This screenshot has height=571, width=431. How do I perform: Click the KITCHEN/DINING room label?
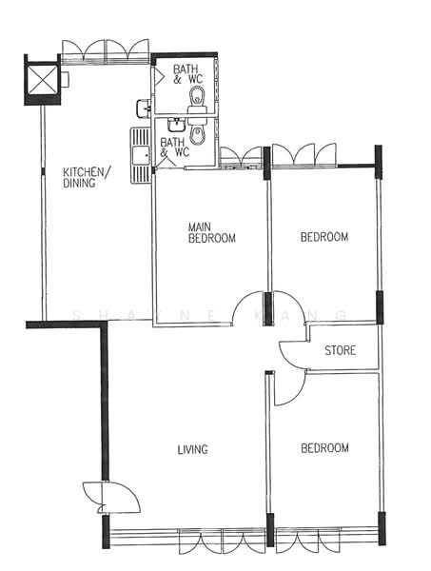tap(86, 177)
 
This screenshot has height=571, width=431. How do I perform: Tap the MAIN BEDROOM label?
tap(211, 233)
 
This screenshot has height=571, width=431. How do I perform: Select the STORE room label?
tap(340, 350)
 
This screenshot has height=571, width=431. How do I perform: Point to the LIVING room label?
tap(192, 449)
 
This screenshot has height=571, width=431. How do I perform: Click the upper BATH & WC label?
tap(187, 74)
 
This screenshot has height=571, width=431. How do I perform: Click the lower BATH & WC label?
tap(175, 148)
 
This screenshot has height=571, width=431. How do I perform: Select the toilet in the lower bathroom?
tap(198, 131)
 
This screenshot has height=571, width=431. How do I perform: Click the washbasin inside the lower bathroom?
tap(177, 125)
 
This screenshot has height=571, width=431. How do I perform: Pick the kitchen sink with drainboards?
tap(141, 155)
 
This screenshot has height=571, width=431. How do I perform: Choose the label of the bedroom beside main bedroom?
tap(324, 237)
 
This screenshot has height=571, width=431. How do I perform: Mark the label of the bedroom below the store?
tap(324, 448)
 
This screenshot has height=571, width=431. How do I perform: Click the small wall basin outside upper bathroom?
tap(144, 108)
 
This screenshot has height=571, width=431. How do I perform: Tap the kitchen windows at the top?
tap(106, 52)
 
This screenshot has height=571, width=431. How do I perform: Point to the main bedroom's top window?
tap(242, 158)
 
